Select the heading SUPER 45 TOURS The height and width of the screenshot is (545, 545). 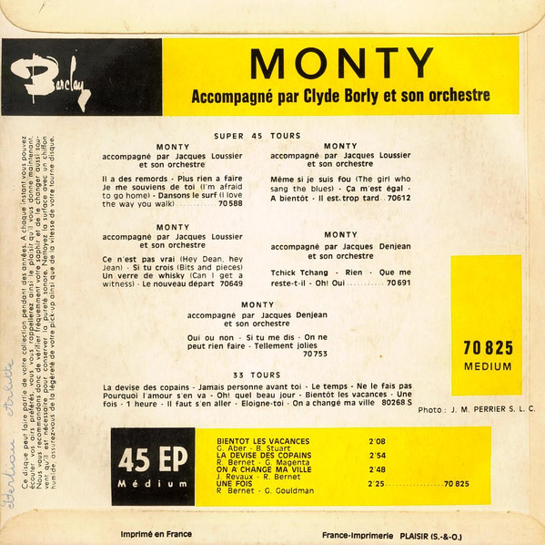pos(257,136)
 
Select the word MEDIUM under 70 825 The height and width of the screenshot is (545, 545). pos(488,366)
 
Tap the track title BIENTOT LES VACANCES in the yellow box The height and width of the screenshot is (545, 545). pos(263,441)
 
